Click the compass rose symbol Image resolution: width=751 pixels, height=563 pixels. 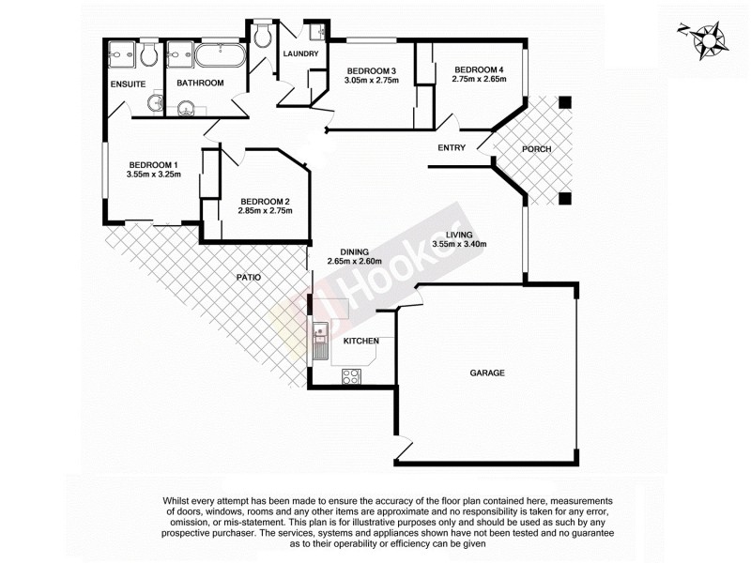tap(703, 41)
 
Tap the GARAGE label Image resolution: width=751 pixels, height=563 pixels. tap(487, 373)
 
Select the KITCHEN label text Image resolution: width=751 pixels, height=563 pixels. tap(360, 341)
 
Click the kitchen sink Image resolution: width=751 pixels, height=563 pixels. tap(321, 334)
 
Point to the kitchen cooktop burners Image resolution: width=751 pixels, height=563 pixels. tap(351, 377)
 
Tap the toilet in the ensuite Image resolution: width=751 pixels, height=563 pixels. tap(148, 57)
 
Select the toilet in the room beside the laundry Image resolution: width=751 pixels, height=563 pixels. tap(263, 37)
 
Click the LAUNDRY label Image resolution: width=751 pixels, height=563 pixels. tap(301, 53)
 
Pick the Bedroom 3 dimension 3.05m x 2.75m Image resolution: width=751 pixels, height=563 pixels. tap(372, 81)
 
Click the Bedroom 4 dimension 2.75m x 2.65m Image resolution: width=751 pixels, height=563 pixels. tap(479, 80)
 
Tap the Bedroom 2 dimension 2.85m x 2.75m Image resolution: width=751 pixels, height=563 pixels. tap(267, 210)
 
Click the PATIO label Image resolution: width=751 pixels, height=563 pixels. tap(248, 278)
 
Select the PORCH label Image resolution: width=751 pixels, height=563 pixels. tap(536, 149)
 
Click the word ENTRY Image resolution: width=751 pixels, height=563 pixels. tap(452, 148)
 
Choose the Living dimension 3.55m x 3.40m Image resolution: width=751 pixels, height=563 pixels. tap(459, 245)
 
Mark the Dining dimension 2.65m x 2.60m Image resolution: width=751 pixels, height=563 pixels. tap(354, 262)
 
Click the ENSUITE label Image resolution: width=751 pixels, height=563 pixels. tap(127, 84)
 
